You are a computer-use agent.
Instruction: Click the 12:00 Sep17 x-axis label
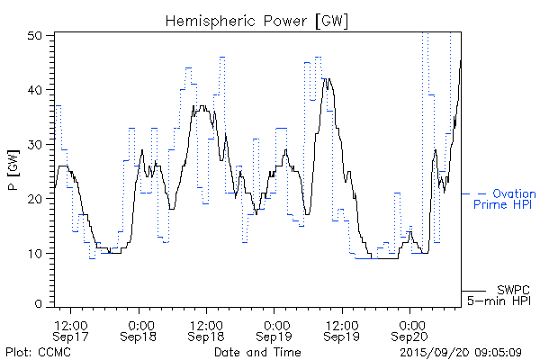click(71, 329)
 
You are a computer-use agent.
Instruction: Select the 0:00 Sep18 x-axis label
click(139, 329)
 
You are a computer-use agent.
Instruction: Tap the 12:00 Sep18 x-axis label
click(207, 329)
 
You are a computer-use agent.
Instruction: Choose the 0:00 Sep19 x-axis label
click(274, 329)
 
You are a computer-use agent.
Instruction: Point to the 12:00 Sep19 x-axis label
click(342, 329)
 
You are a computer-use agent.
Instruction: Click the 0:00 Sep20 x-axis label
click(410, 329)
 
